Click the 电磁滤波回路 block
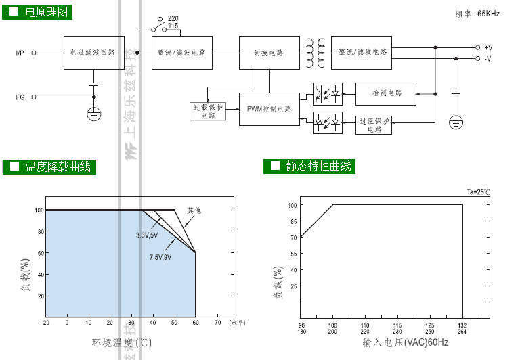tap(94, 52)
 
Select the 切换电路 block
tap(269, 52)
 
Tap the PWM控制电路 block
tap(269, 109)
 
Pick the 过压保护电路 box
tap(374, 125)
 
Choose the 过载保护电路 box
tap(208, 111)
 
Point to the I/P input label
tap(20, 52)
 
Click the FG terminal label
tap(20, 97)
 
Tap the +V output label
tap(488, 47)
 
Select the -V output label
tap(488, 59)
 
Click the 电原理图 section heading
tap(47, 12)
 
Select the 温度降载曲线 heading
tap(57, 166)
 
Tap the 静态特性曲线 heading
tap(318, 166)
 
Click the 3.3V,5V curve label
tap(146, 235)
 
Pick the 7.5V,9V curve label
tap(160, 258)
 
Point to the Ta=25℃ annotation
tap(478, 192)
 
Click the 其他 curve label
tap(194, 211)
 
